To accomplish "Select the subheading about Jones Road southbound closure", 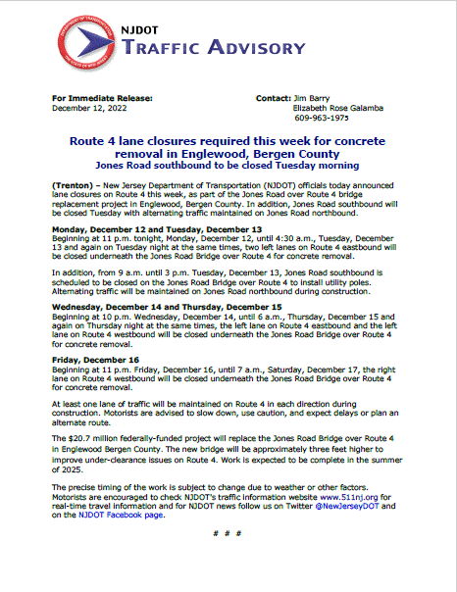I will (228, 167).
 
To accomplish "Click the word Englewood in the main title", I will (239, 153).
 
